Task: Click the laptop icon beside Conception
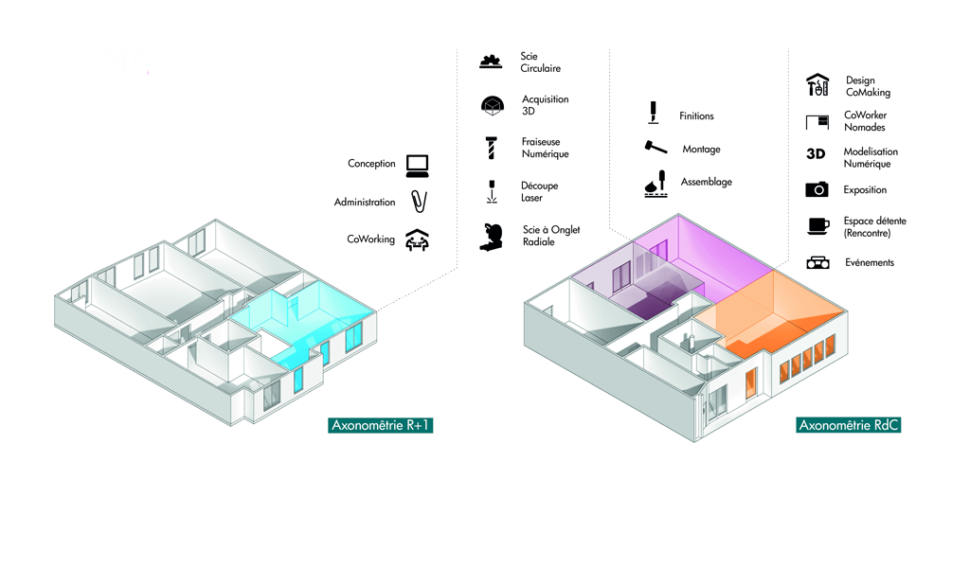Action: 417,166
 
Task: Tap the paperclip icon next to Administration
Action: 418,202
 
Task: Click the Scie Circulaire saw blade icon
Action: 490,62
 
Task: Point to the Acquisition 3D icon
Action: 491,105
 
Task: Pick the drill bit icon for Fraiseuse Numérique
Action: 490,148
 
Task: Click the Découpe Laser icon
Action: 491,191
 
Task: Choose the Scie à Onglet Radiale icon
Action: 493,236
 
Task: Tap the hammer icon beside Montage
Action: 655,149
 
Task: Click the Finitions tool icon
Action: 653,114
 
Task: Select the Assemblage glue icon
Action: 655,184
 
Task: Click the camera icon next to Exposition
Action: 817,189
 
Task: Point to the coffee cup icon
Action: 817,225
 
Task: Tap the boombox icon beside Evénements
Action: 817,262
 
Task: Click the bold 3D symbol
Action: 816,153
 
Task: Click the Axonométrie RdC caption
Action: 848,425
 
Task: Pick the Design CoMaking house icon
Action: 817,85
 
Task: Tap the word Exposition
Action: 865,190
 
